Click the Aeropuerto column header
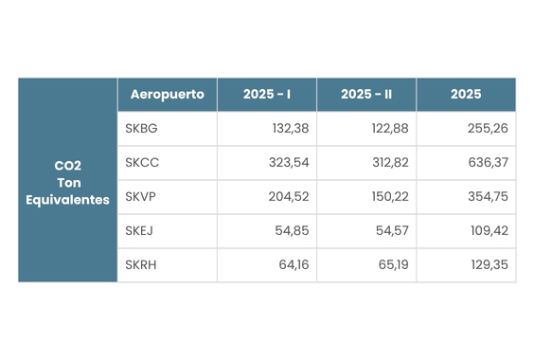pyautogui.click(x=168, y=94)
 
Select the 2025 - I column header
pyautogui.click(x=267, y=94)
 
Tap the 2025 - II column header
pyautogui.click(x=366, y=94)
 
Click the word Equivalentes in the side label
pyautogui.click(x=67, y=200)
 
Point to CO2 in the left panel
pyautogui.click(x=68, y=166)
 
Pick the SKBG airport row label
pyautogui.click(x=141, y=129)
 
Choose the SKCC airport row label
pyautogui.click(x=142, y=163)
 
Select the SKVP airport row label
pyautogui.click(x=140, y=197)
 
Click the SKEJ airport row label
pyautogui.click(x=139, y=231)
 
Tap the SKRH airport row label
pyautogui.click(x=141, y=265)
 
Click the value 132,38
pyautogui.click(x=291, y=129)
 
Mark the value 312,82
pyautogui.click(x=390, y=163)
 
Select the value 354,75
pyautogui.click(x=488, y=197)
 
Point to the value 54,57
pyautogui.click(x=392, y=231)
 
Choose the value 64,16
pyautogui.click(x=294, y=265)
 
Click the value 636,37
pyautogui.click(x=488, y=163)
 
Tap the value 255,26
pyautogui.click(x=488, y=129)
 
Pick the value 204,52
pyautogui.click(x=289, y=197)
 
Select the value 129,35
pyautogui.click(x=489, y=265)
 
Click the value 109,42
pyautogui.click(x=489, y=231)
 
